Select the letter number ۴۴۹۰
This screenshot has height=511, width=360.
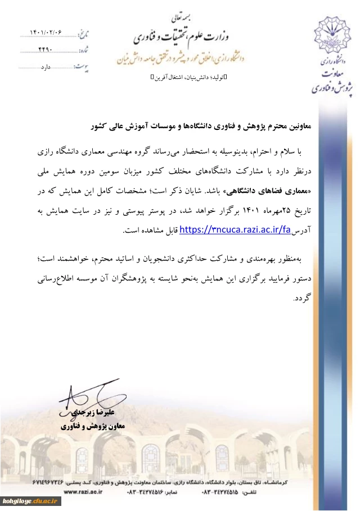click(x=45, y=50)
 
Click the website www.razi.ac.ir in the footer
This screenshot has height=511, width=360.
click(x=83, y=491)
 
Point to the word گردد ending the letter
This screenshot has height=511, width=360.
click(x=302, y=298)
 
